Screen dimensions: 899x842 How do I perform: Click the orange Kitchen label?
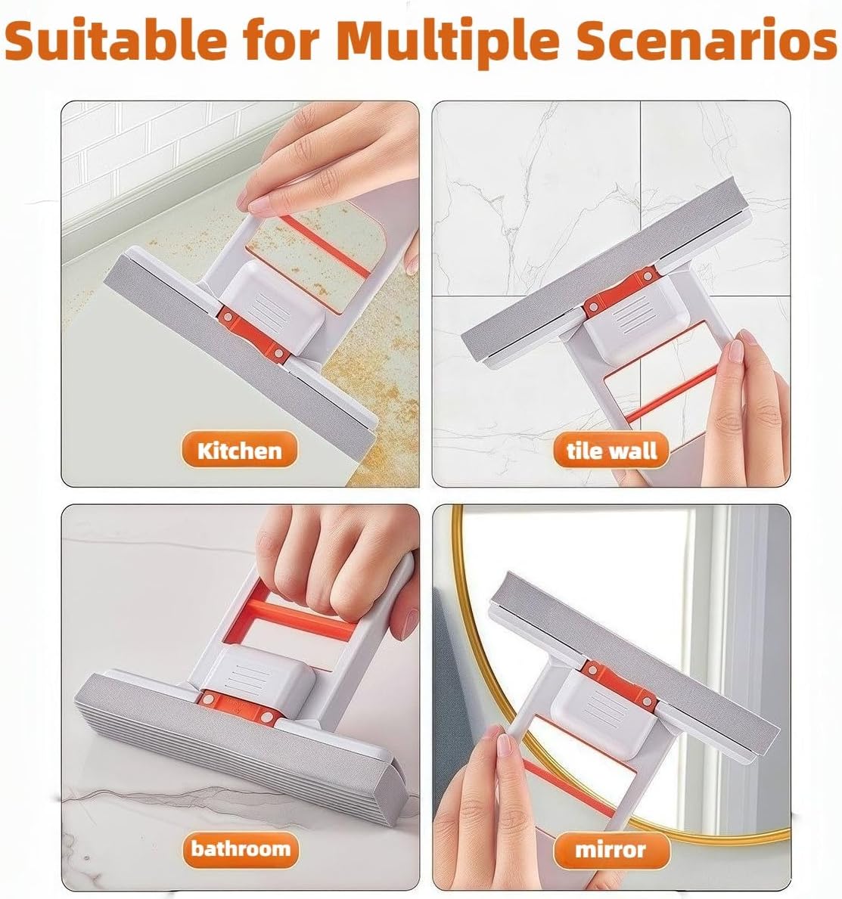pyautogui.click(x=239, y=451)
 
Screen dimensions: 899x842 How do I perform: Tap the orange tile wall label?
pyautogui.click(x=611, y=451)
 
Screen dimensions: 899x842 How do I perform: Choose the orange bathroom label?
pyautogui.click(x=241, y=848)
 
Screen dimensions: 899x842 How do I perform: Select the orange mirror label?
pyautogui.click(x=611, y=849)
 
